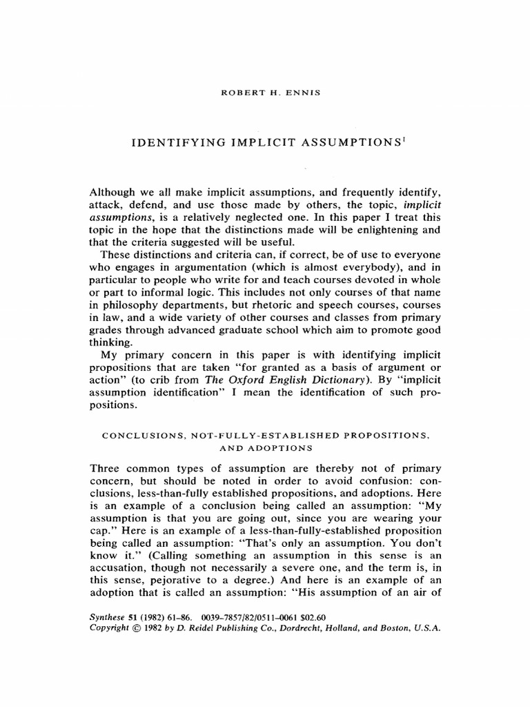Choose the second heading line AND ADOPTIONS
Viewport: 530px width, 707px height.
click(x=265, y=449)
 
